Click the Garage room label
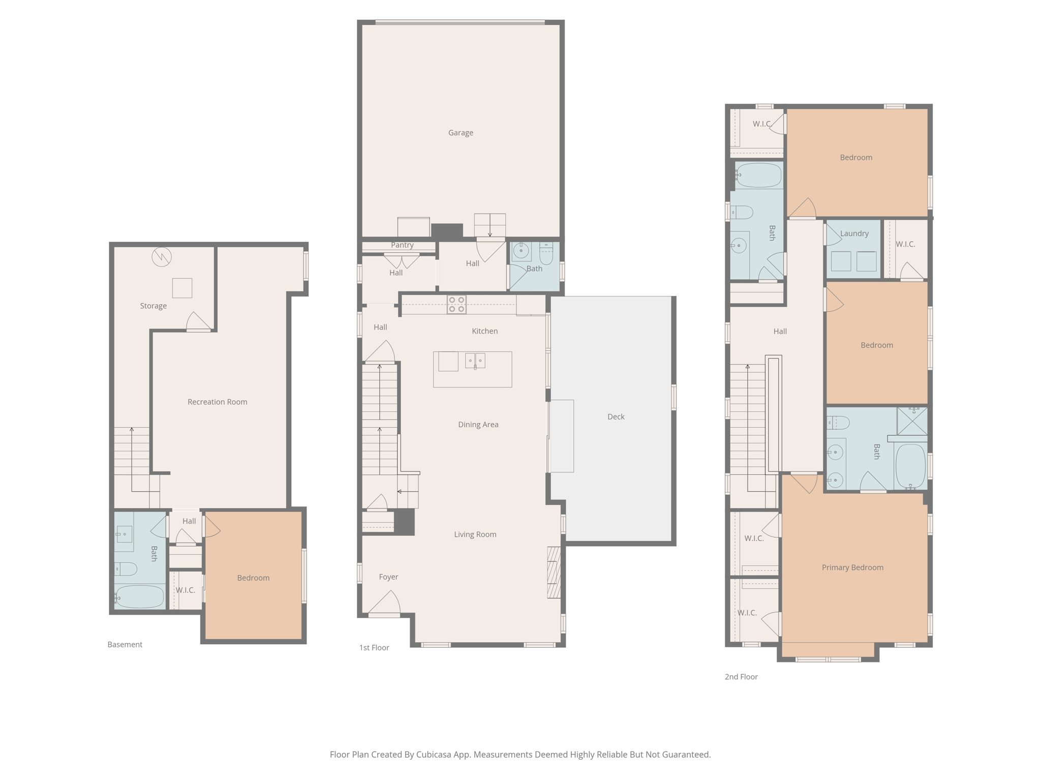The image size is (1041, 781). coord(461,133)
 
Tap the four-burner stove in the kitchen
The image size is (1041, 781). coord(456,304)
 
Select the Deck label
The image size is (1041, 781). coord(616,416)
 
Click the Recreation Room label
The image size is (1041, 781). coord(217,402)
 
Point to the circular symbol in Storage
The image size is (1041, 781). coord(162,257)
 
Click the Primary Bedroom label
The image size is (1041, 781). coord(852,567)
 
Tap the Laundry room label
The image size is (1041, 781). coord(854,233)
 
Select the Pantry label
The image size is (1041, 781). coord(402,245)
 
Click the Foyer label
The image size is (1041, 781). coord(388,577)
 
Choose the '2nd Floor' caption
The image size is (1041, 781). coord(741,677)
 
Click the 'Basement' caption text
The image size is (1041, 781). coord(125,644)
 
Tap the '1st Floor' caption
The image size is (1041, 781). coord(374,647)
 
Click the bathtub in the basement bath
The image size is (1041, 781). coord(140,596)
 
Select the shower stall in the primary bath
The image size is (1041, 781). coord(912,420)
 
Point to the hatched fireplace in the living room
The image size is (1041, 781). coord(554,572)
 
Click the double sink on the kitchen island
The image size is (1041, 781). coord(475,361)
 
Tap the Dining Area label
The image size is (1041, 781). coord(478,425)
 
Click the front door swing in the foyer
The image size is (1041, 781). coord(385,603)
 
